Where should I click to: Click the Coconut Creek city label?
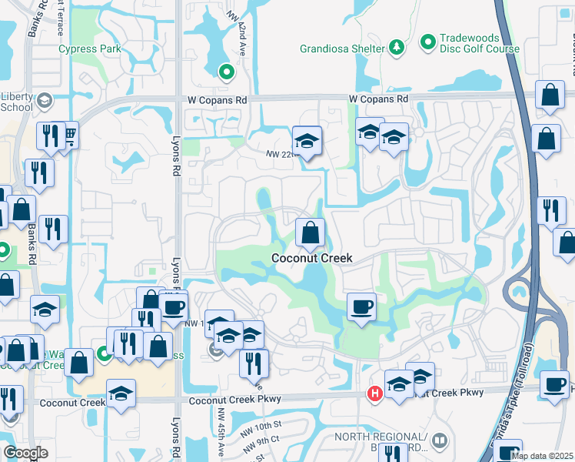coord(312,258)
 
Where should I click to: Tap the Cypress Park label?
coord(91,49)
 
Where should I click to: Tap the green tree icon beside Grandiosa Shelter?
coord(397,48)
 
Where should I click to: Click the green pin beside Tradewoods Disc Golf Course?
coord(428,39)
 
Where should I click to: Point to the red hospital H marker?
coord(375,393)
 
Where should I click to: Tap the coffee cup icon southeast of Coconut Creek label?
coord(361,307)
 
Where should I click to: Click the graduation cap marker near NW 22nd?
coord(306,141)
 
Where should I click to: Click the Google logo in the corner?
coord(25,453)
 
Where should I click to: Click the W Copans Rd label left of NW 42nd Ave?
coord(218,100)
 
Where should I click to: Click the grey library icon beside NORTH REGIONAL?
coord(439,440)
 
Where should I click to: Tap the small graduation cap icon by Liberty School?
coord(45,100)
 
